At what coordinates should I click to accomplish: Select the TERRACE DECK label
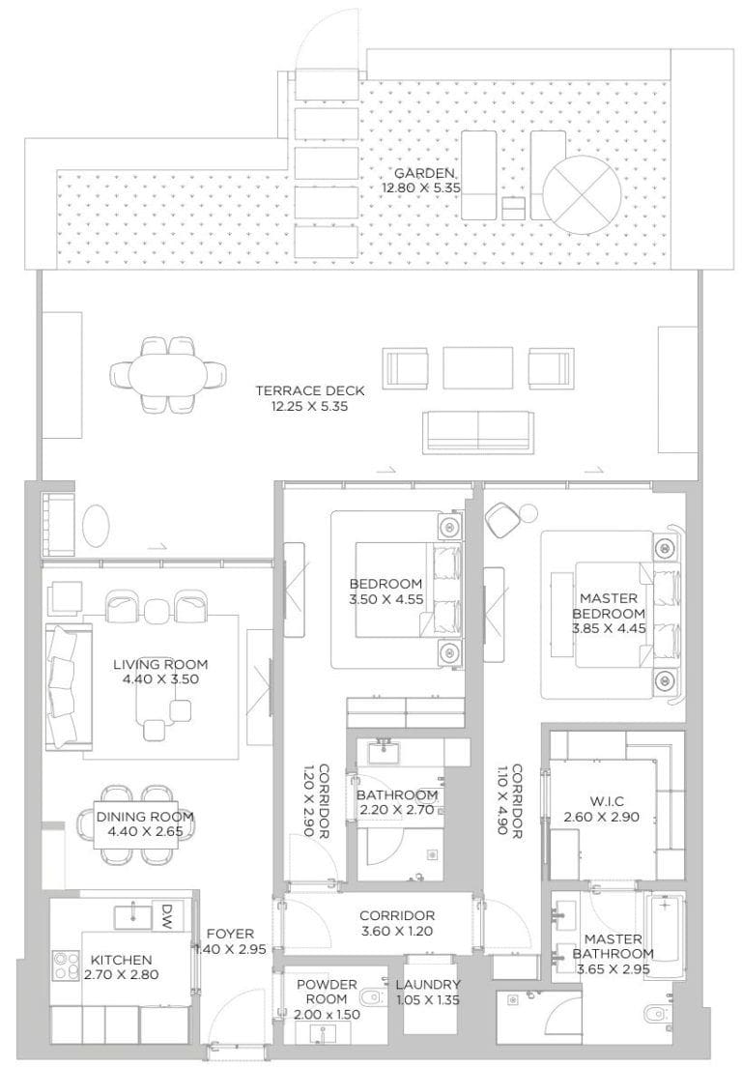pos(309,391)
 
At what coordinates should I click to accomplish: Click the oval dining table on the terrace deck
pos(169,372)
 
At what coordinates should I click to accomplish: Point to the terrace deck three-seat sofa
pos(477,428)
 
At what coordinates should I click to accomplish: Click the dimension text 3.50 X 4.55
pos(385,599)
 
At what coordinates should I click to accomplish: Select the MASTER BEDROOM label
pos(608,606)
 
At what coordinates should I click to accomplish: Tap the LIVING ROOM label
pos(159,664)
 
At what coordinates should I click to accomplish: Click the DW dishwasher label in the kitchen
pos(166,915)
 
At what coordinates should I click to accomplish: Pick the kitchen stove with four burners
pos(66,965)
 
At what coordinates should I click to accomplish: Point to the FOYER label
pos(230,934)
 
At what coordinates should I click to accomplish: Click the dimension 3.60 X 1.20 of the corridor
pos(397,932)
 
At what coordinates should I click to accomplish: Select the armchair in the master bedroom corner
pos(502,521)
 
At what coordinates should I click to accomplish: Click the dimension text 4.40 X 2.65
pos(145,831)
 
